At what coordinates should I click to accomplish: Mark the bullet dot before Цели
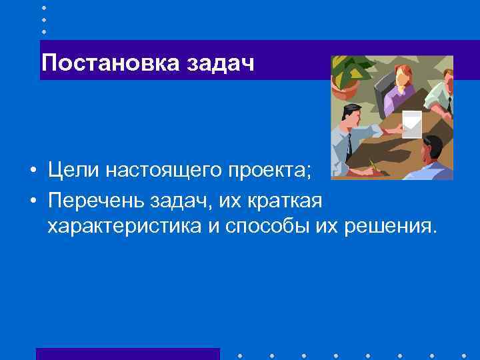32,172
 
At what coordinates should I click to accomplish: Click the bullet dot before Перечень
32,200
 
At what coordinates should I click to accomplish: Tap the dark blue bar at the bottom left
127,353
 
